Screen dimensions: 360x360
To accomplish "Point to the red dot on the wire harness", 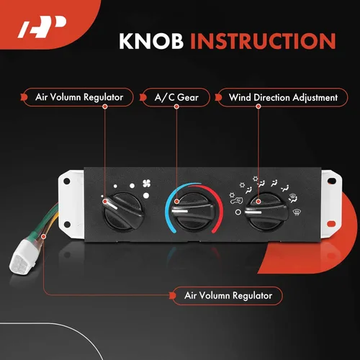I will coord(44,233).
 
